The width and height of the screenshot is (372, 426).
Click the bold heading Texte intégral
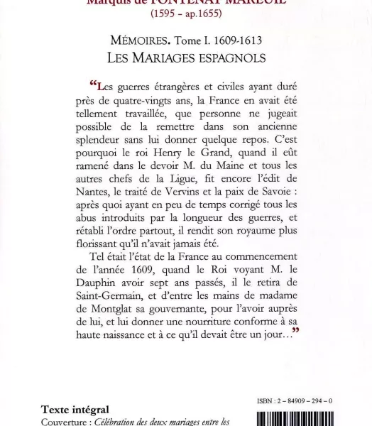point(75,410)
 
